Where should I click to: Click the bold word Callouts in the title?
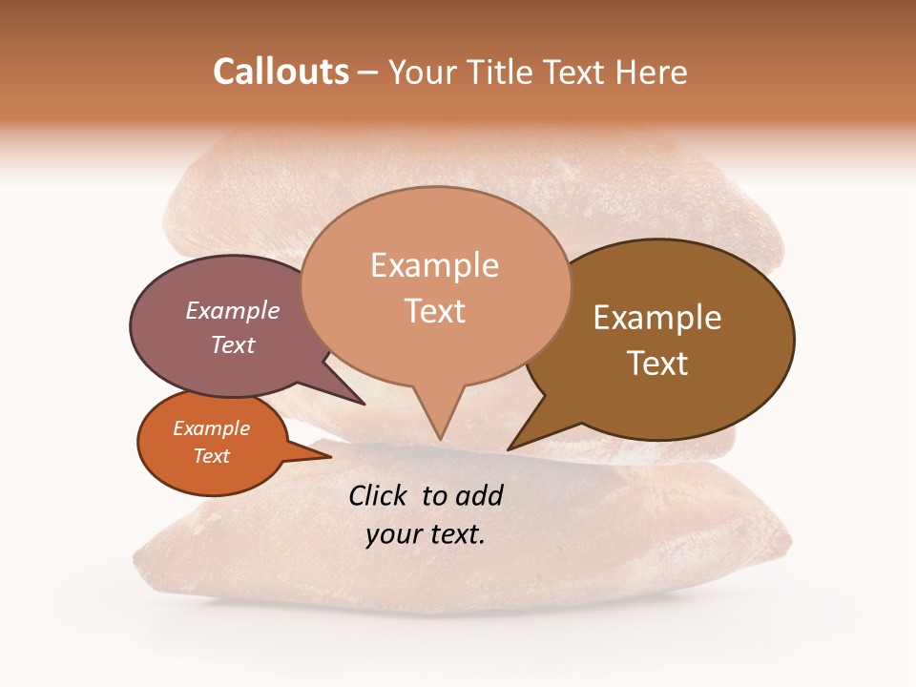[281, 72]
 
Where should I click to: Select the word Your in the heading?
[425, 72]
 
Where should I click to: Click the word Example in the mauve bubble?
[232, 310]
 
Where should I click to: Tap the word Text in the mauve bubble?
[232, 344]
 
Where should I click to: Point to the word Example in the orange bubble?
[211, 428]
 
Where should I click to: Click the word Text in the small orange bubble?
[211, 456]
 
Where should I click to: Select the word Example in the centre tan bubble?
[434, 265]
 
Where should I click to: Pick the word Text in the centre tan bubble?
[434, 311]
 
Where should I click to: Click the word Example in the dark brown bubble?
[657, 318]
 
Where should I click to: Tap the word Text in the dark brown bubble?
[657, 364]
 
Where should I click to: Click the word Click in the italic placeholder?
[379, 495]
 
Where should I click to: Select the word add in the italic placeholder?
[479, 495]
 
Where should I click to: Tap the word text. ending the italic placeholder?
[453, 534]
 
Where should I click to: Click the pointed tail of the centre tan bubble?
[440, 436]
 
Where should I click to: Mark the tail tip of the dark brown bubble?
[510, 448]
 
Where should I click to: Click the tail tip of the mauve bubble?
[363, 404]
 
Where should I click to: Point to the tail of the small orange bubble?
[327, 457]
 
